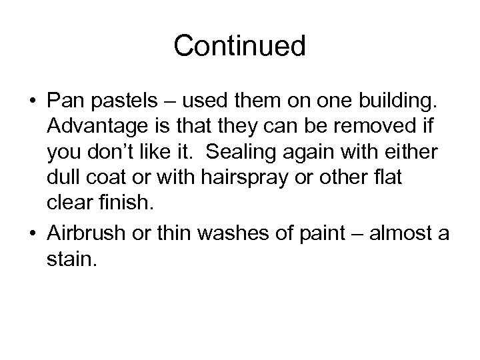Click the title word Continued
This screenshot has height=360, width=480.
tap(239, 46)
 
